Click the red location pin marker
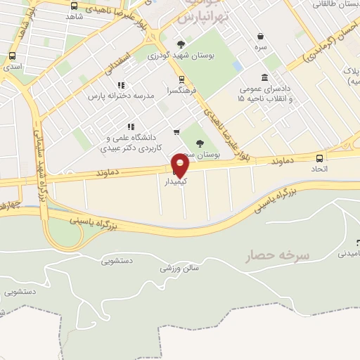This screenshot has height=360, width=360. click(x=181, y=166)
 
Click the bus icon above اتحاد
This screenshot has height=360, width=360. click(x=320, y=159)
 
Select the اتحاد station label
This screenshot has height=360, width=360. click(x=320, y=169)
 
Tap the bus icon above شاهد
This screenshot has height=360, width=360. click(x=75, y=5)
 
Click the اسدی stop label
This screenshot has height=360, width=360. click(x=11, y=68)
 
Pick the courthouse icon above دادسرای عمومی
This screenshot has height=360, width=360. click(x=264, y=78)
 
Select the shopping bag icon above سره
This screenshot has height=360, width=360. click(x=261, y=37)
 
